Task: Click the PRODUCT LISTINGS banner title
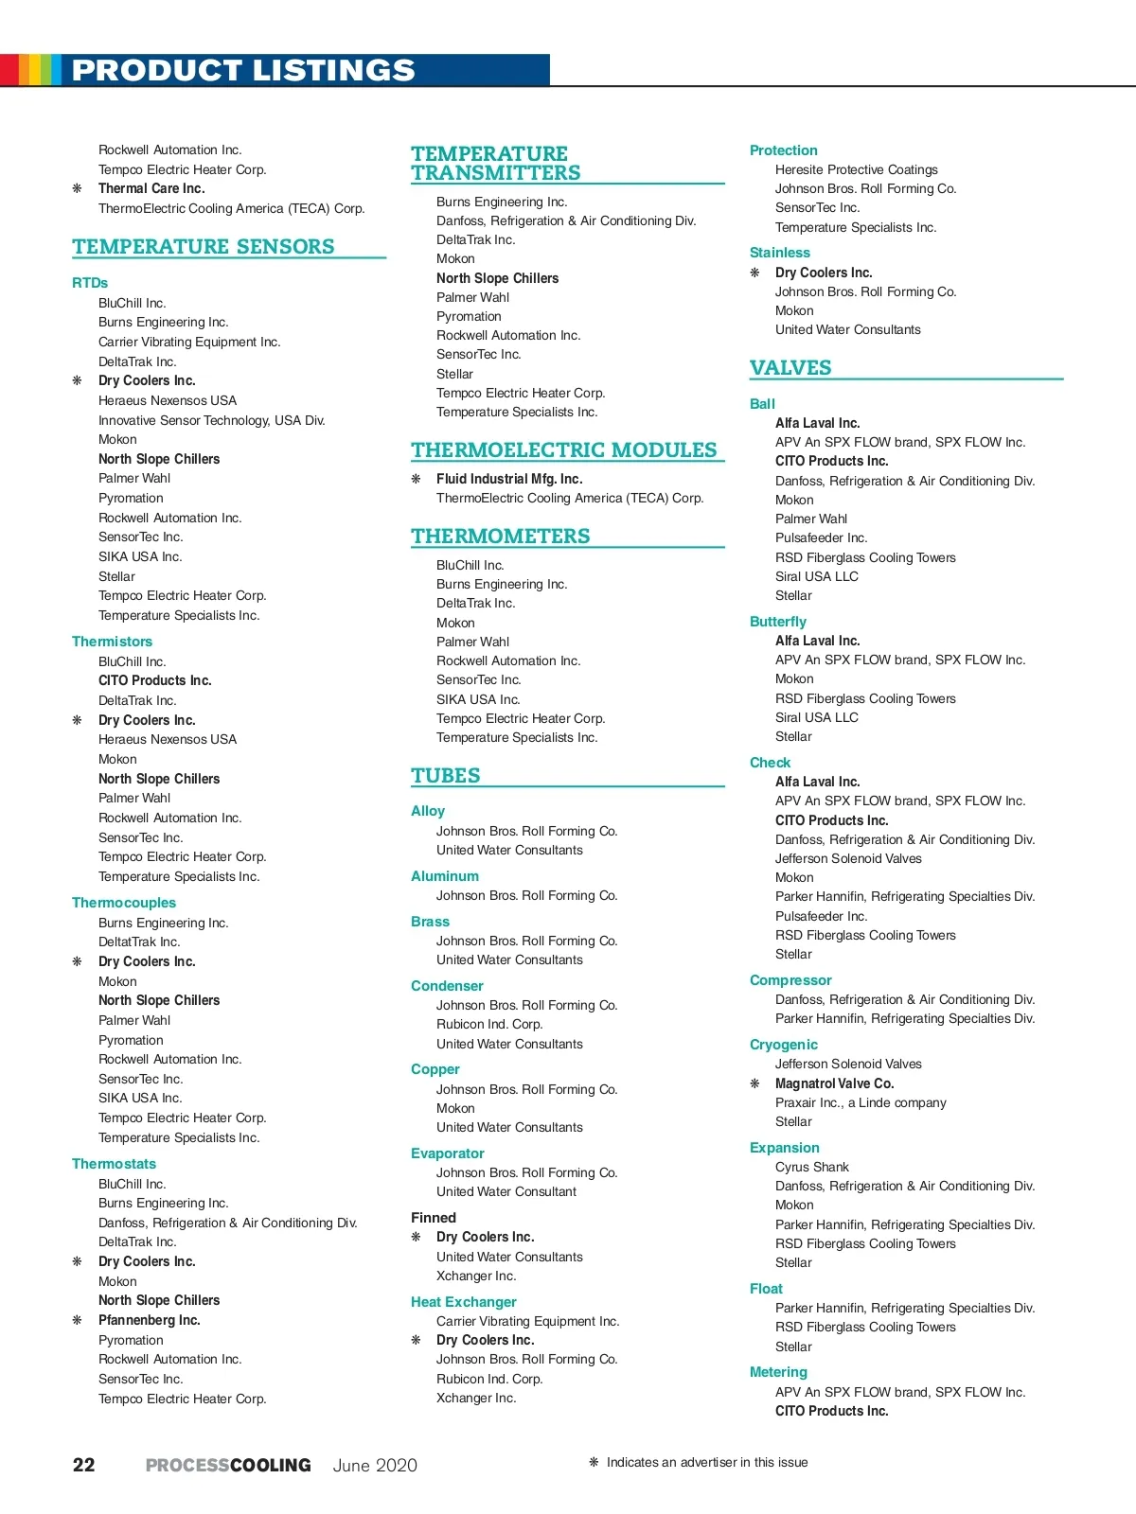243,70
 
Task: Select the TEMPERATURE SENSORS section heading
204,247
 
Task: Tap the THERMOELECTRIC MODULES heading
564,450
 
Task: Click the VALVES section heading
790,368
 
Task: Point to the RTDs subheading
90,283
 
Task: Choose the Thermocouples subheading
124,903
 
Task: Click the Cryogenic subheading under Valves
783,1045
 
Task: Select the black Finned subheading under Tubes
434,1218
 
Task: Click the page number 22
84,1465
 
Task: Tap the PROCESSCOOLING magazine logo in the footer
228,1465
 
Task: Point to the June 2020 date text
375,1465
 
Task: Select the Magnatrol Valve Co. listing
834,1083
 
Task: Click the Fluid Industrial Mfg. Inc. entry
509,479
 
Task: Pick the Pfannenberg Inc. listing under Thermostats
150,1320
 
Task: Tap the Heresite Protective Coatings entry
856,169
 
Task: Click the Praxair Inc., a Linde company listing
861,1102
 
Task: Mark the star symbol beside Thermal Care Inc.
78,188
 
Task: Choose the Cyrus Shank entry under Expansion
812,1167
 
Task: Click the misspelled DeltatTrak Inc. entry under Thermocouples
139,942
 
